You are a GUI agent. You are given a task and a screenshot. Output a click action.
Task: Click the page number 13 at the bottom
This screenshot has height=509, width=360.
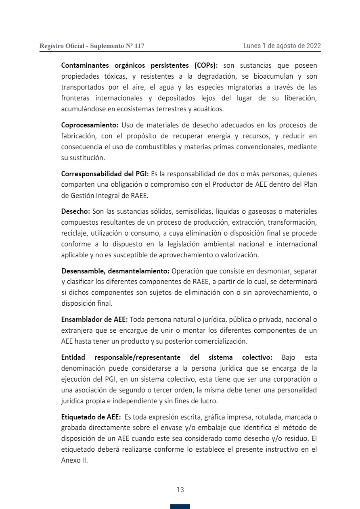pyautogui.click(x=180, y=490)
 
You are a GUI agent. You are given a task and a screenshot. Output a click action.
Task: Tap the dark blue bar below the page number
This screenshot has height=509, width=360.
pyautogui.click(x=180, y=507)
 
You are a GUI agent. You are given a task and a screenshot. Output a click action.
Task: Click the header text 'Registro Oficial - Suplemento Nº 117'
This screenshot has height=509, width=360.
pyautogui.click(x=92, y=46)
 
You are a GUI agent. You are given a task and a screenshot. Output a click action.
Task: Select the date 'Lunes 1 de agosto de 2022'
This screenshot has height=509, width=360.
pyautogui.click(x=282, y=46)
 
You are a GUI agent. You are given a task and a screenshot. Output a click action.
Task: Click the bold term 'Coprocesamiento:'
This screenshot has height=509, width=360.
pyautogui.click(x=90, y=125)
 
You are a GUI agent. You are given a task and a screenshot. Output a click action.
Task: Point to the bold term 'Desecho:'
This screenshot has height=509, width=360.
pyautogui.click(x=76, y=211)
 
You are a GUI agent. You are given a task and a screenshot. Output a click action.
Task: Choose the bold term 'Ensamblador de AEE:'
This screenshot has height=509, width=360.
pyautogui.click(x=94, y=319)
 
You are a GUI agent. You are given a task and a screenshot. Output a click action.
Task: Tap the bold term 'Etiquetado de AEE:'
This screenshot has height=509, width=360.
pyautogui.click(x=91, y=417)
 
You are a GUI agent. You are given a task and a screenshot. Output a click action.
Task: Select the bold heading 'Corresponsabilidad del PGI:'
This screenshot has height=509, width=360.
pyautogui.click(x=105, y=174)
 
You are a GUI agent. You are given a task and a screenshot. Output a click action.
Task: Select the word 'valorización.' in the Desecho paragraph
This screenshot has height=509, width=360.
pyautogui.click(x=239, y=255)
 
